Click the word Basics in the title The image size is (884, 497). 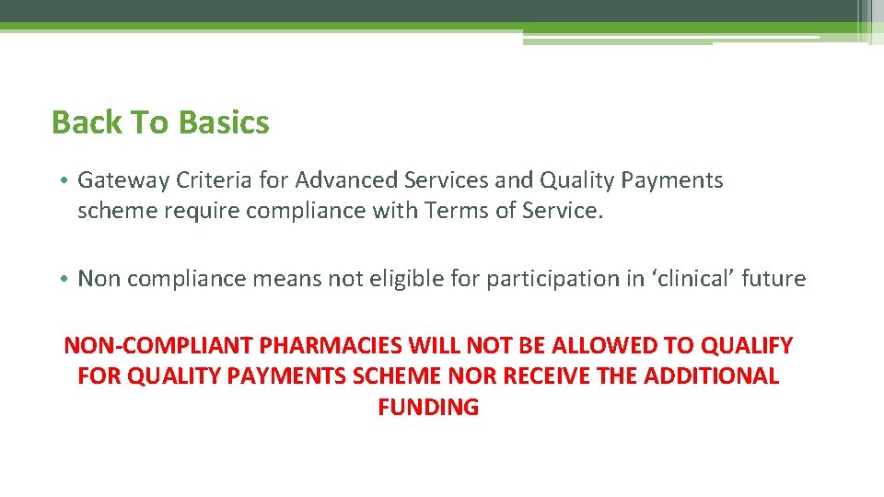point(224,122)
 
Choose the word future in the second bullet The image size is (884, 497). point(776,278)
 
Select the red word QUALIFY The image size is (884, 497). point(747,346)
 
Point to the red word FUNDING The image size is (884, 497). point(428,407)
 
